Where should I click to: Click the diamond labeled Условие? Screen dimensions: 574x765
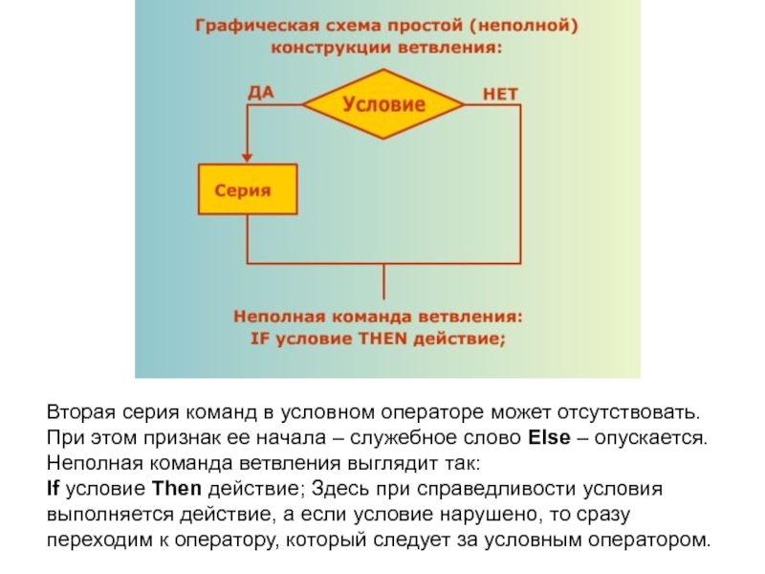coord(383,105)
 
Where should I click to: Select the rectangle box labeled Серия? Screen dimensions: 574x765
coord(247,190)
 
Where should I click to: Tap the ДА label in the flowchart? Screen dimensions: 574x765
coord(261,92)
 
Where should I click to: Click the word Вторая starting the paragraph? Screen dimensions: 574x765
coord(77,412)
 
